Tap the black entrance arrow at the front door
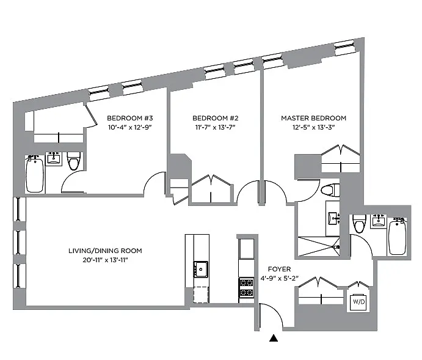click(274, 337)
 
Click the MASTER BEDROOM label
click(313, 118)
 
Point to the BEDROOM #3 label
click(129, 118)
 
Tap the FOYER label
click(279, 269)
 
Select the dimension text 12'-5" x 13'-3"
click(313, 127)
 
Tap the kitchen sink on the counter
click(200, 268)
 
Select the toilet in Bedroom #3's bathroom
click(74, 162)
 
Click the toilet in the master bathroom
click(330, 191)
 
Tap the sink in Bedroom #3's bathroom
click(54, 159)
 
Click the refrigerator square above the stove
click(246, 249)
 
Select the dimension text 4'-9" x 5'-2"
click(279, 278)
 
